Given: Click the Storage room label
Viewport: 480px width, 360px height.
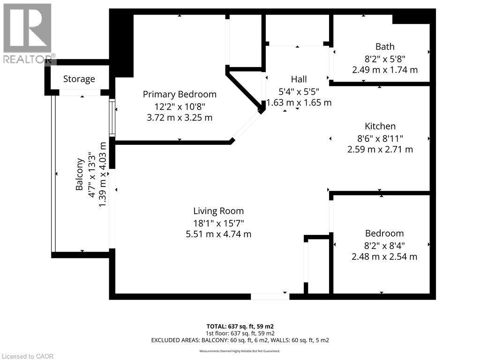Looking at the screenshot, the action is coord(79,79).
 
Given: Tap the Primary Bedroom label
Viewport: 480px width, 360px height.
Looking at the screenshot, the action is coord(180,95).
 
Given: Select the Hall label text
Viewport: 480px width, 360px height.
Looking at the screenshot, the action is coord(299,79).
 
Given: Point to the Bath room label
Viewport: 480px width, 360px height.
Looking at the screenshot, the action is coord(385,46).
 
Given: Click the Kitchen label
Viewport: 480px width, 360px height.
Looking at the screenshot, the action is coord(380,126).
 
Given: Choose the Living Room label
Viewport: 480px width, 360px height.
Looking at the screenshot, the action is coord(218,211).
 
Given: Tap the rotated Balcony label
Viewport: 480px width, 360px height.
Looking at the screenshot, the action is coord(80,174).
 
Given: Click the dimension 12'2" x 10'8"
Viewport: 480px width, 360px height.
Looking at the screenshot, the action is coord(180,106).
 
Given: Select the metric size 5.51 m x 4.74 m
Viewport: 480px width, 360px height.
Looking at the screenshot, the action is coord(218,234).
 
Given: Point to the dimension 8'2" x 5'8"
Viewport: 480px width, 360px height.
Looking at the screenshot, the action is coord(385,59).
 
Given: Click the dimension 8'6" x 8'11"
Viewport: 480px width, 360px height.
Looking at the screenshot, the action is coord(380,138).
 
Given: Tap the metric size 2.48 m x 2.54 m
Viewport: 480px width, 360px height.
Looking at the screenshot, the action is coord(384,256).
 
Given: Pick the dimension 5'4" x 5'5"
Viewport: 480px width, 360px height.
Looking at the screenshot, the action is coord(299,91).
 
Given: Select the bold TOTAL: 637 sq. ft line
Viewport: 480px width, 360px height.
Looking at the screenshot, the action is coord(240,326).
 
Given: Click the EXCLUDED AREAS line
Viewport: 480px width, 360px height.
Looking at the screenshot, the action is coord(240,340).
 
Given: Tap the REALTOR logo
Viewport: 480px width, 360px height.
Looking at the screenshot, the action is coord(28,34).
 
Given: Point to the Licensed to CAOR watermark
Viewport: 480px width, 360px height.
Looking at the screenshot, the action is coord(27,356).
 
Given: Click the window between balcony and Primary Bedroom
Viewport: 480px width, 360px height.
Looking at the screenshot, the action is coord(112,117).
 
